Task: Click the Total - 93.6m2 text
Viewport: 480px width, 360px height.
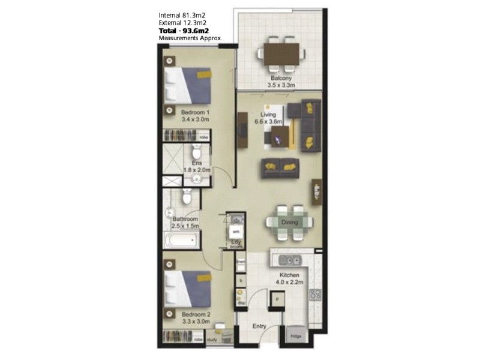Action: (184, 30)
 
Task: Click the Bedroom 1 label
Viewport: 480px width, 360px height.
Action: (195, 115)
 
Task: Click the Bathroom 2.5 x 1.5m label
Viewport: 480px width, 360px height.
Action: (184, 223)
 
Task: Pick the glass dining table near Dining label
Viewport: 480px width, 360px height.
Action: (290, 222)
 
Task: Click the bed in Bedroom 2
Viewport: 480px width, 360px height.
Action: (190, 286)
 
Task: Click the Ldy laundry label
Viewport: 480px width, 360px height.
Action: (236, 243)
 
